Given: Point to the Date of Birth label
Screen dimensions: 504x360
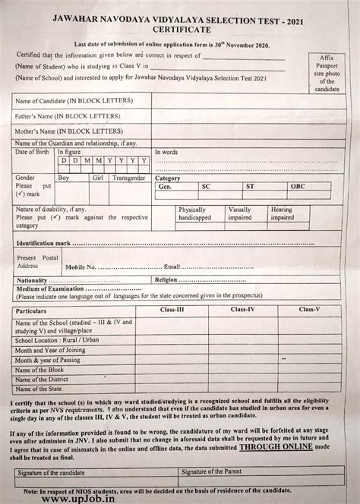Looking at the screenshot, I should [32, 152].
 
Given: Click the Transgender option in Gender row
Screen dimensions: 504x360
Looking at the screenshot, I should [128, 178].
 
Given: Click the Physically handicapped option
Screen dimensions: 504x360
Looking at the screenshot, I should [195, 213].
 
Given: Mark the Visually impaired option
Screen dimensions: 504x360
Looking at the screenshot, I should [241, 213].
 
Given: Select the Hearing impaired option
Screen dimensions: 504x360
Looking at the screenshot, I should [282, 213].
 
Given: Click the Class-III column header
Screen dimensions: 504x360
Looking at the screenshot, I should [172, 310].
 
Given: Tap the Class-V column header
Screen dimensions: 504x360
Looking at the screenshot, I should [309, 310].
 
